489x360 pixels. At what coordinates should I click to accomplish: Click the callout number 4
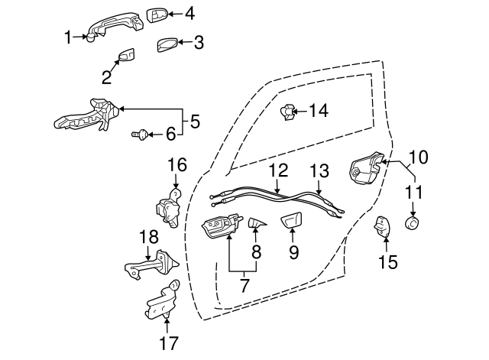click(190, 14)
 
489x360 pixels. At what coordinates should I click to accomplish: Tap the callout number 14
click(319, 111)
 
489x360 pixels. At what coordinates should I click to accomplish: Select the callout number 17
click(169, 343)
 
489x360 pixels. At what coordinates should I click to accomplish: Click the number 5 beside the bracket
click(195, 122)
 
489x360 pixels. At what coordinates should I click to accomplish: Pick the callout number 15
click(388, 261)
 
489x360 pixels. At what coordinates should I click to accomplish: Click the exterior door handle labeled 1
click(116, 25)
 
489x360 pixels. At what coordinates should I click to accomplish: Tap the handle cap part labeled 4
click(157, 15)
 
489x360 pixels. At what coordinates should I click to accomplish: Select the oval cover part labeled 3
click(167, 45)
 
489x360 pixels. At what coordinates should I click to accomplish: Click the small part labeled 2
click(126, 55)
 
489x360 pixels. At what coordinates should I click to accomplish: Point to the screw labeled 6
click(139, 135)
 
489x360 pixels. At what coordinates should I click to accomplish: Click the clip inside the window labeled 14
click(287, 112)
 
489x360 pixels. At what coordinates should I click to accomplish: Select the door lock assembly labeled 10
click(366, 168)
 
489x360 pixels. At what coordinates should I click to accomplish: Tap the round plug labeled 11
click(412, 222)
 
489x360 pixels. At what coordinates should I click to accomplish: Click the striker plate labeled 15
click(382, 226)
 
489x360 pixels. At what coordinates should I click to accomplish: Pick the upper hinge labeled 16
click(168, 207)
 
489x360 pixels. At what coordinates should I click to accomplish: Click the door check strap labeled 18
click(152, 265)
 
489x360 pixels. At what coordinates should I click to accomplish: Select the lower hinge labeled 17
click(162, 300)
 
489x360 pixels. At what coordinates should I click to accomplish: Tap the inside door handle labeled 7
click(222, 225)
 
